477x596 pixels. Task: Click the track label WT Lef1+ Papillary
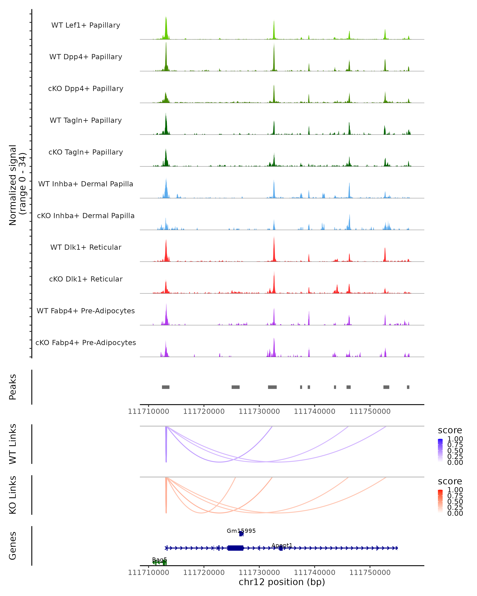[86, 25]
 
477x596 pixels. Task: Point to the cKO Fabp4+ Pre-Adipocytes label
[86, 343]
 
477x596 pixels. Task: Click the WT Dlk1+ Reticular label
[86, 247]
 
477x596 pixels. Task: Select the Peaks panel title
[13, 387]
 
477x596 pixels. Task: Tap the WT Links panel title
[13, 444]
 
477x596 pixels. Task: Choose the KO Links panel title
[13, 495]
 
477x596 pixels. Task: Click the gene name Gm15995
[241, 531]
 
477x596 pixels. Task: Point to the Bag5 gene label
[160, 560]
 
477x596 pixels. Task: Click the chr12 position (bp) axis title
[282, 582]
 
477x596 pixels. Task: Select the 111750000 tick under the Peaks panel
[370, 411]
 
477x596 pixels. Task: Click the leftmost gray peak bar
[166, 387]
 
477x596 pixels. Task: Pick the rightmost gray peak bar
[408, 387]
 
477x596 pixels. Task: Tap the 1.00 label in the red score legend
[455, 490]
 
